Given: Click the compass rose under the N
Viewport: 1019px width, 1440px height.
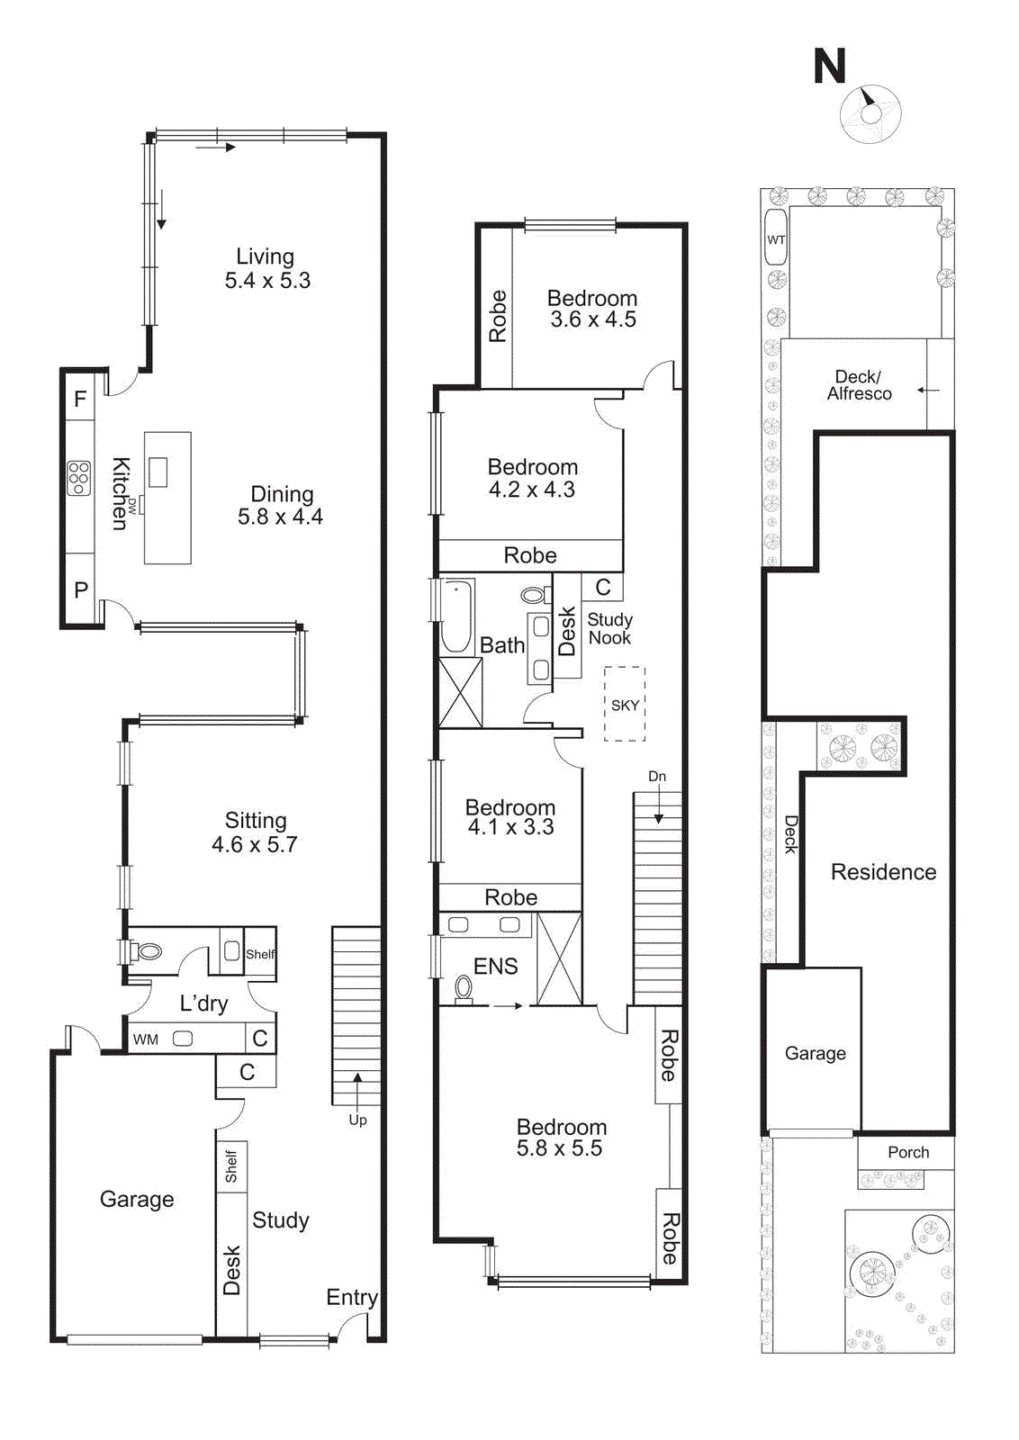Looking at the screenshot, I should [x=870, y=113].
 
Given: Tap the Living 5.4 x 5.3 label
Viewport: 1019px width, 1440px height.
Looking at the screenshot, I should [x=266, y=268].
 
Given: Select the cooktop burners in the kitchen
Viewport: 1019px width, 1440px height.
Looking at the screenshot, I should [x=78, y=478].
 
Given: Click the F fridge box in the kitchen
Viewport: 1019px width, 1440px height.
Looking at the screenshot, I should [x=80, y=399].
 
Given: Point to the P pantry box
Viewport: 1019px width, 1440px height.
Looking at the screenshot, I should [x=81, y=590].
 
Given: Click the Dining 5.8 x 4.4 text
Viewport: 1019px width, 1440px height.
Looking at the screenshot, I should [x=281, y=505].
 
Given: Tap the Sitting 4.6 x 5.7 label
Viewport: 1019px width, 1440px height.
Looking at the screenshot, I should [x=255, y=832].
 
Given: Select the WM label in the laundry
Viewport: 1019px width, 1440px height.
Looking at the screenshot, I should [x=146, y=1039].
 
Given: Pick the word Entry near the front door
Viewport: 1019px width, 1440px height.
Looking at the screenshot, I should [x=351, y=1297].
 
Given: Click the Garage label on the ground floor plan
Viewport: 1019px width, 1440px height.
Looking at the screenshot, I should [x=137, y=1199].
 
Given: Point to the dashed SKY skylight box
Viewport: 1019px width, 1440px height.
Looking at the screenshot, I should [x=625, y=705].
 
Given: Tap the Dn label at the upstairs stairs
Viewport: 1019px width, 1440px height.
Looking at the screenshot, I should [x=657, y=776].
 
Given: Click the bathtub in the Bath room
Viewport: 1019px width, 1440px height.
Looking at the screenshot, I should [x=456, y=616].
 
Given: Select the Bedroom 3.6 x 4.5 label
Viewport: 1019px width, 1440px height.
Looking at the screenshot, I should [x=592, y=308].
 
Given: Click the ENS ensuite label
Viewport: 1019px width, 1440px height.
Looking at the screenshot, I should [x=495, y=967].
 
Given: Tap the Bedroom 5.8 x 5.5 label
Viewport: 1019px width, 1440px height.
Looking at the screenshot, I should [x=561, y=1138].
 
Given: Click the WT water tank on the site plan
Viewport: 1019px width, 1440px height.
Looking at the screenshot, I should [x=775, y=238].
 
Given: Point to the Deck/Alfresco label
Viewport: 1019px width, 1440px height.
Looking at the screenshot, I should [x=859, y=385].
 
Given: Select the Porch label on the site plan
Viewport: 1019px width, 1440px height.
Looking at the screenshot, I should [x=908, y=1152].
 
